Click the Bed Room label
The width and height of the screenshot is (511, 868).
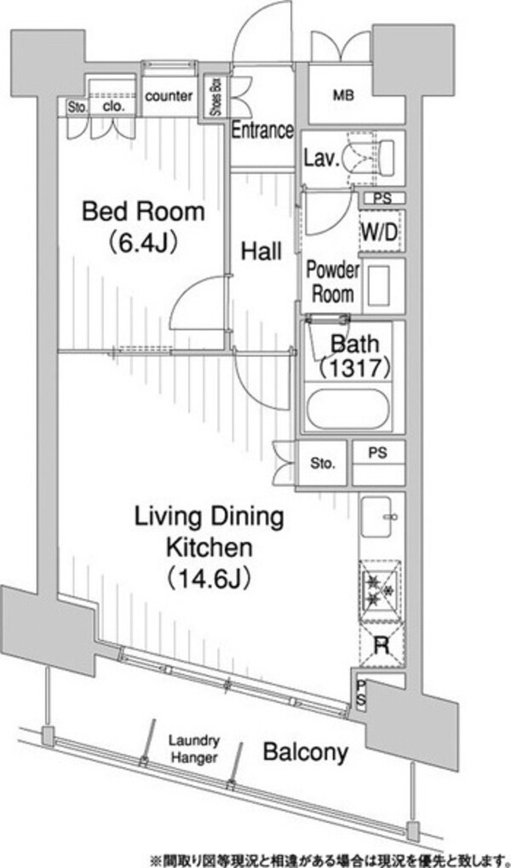pos(143,211)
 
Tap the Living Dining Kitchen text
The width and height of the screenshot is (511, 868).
pos(210,533)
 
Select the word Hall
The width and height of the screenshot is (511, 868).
pos(261,252)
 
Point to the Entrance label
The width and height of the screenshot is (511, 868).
pos(261,130)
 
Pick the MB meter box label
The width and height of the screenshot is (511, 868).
pos(343,95)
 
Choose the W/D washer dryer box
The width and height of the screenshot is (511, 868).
pos(379,233)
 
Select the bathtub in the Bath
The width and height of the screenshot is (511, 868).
pos(347,409)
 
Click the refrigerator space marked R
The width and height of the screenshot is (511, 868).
pos(382,646)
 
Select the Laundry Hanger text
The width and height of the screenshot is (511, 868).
pos(194,749)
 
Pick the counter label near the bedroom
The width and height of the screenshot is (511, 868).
pos(169,95)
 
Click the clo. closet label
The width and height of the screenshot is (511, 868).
pos(113,107)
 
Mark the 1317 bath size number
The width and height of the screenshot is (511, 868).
pos(356,367)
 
